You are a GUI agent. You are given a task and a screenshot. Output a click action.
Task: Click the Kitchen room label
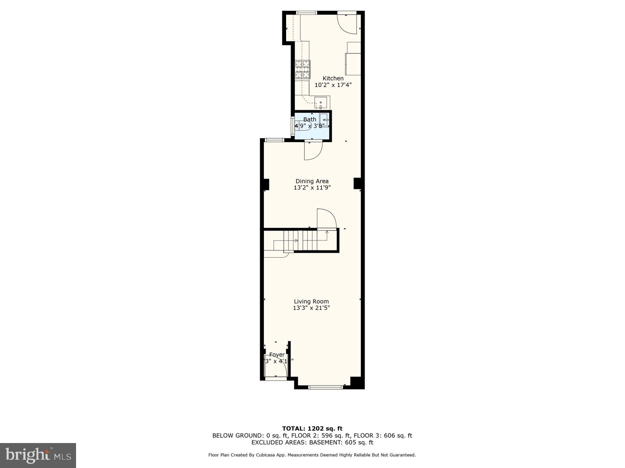click(333, 78)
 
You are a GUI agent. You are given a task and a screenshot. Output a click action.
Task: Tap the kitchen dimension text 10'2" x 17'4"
click(333, 85)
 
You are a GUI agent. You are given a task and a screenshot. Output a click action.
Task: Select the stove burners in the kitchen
click(302, 69)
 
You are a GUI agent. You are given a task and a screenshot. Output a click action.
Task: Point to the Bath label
click(310, 119)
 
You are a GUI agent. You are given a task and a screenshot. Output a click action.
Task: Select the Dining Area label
click(312, 181)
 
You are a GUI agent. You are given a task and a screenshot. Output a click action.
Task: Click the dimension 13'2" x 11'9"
click(312, 188)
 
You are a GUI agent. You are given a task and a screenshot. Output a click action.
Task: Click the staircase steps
click(306, 240)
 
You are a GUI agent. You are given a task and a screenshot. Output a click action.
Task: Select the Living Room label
click(311, 301)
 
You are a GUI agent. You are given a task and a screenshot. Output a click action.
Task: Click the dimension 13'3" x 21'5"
click(311, 308)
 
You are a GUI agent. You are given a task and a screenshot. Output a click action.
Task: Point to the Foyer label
click(277, 355)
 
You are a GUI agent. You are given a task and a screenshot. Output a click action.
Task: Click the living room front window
click(325, 387)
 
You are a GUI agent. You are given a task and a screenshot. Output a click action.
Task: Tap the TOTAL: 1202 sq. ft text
click(312, 428)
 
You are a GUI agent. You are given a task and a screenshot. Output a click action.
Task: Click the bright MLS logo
click(38, 455)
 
